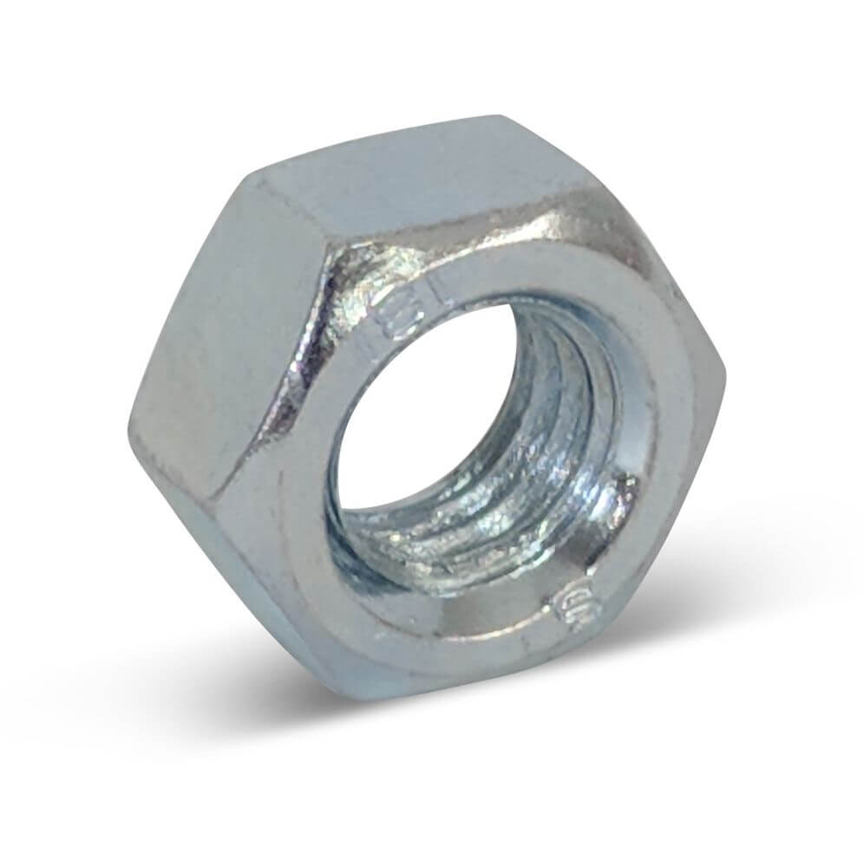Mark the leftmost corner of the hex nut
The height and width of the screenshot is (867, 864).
pyautogui.click(x=130, y=425)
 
